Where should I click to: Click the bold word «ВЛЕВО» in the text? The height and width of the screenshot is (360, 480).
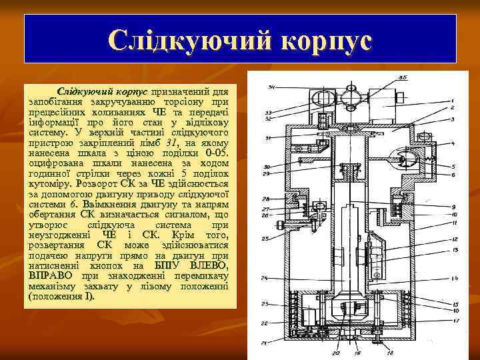click(x=207, y=266)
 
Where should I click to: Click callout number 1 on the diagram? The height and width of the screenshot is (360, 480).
click(x=452, y=101)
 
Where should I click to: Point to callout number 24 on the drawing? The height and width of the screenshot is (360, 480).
click(x=265, y=277)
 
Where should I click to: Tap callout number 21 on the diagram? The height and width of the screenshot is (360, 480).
click(x=264, y=343)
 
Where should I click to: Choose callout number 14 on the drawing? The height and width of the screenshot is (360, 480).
click(x=454, y=277)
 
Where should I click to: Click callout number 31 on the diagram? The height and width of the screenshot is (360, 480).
click(x=267, y=137)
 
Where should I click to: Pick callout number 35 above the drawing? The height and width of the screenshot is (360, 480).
click(x=402, y=78)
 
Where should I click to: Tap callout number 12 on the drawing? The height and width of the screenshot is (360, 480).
click(x=454, y=238)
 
